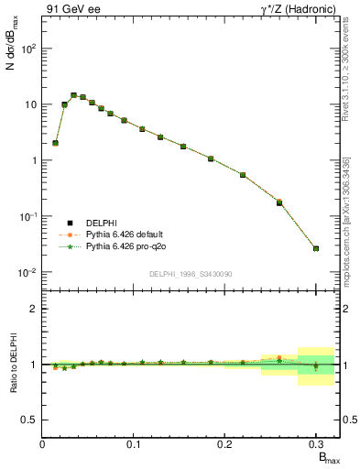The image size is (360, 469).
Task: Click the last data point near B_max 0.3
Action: point(316,248)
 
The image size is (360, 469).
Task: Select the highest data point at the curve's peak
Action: point(73,94)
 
